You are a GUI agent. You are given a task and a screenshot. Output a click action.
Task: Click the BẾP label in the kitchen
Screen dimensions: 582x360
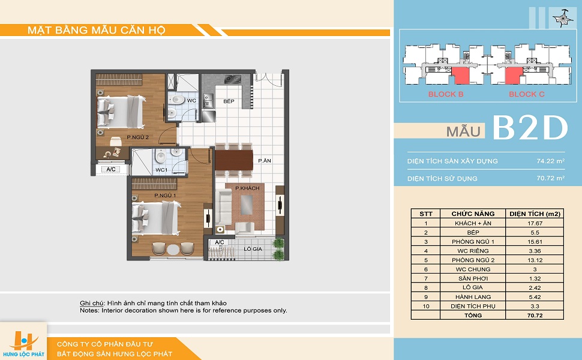[229, 101]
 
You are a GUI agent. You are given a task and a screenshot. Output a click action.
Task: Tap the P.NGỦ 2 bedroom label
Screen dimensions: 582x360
[138, 137]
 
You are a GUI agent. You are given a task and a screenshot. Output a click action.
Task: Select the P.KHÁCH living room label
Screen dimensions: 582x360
[247, 188]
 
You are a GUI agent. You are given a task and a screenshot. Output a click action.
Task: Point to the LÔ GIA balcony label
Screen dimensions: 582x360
[253, 249]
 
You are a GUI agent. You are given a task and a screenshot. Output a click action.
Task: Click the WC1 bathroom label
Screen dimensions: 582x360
[161, 170]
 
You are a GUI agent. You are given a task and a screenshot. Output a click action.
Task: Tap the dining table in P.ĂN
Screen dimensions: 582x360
[234, 160]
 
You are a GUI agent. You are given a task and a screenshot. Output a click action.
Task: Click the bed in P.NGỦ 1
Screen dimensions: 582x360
[157, 218]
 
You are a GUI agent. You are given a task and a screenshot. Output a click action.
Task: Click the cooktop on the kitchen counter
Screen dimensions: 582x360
[233, 79]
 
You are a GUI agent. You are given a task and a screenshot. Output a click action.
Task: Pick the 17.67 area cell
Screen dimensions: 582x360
[535, 223]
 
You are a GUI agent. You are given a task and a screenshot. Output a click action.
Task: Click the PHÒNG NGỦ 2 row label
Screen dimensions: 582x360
[473, 260]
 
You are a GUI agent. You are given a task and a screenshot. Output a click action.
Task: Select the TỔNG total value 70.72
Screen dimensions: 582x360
[535, 316]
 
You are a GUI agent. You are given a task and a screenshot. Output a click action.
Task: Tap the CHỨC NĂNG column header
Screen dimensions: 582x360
[473, 214]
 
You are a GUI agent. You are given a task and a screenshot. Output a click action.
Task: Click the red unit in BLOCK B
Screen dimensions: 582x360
[460, 76]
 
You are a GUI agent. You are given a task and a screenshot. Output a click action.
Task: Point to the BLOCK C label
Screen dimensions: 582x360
[527, 94]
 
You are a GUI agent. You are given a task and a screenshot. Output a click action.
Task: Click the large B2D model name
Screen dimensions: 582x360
[530, 128]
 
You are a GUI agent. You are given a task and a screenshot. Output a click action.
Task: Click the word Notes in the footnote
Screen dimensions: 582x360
[89, 311]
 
